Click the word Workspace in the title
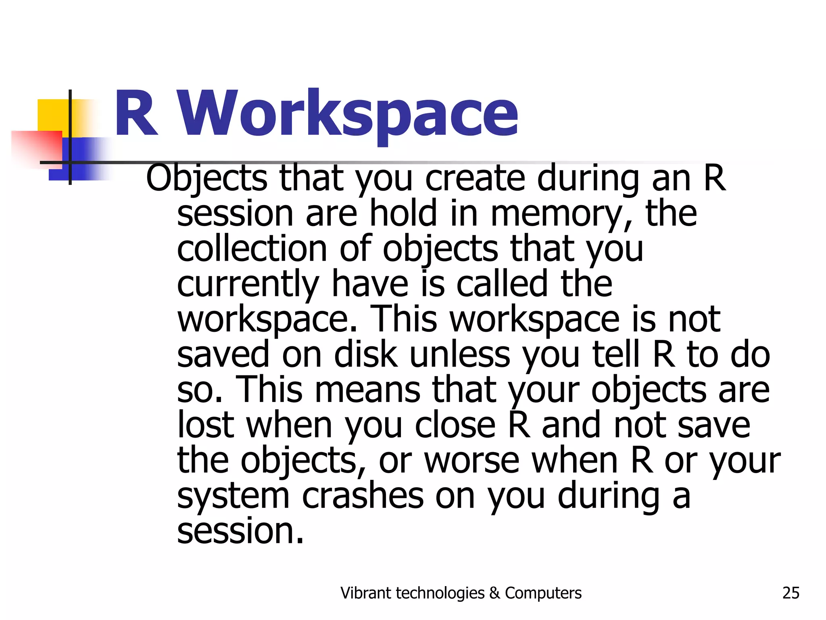click(348, 114)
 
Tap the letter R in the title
click(136, 114)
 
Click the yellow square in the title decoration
click(52, 115)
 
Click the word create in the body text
click(475, 178)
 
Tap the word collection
click(252, 249)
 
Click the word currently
click(248, 285)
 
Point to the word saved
click(223, 355)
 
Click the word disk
click(366, 355)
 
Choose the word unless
click(460, 355)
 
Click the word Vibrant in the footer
click(366, 593)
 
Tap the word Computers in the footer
click(543, 593)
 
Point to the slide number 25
click(791, 593)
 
